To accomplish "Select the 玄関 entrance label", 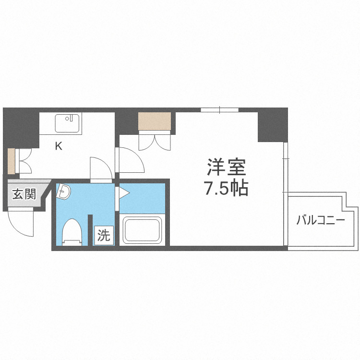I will pyautogui.click(x=24, y=194).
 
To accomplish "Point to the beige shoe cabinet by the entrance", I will pyautogui.click(x=11, y=161).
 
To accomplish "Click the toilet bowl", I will pyautogui.click(x=72, y=231).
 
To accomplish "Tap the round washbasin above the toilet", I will pyautogui.click(x=63, y=192).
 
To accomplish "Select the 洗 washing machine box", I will pyautogui.click(x=104, y=235).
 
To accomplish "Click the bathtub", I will pyautogui.click(x=142, y=230).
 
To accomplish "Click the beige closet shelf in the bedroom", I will pyautogui.click(x=155, y=121).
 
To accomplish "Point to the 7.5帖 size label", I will pyautogui.click(x=226, y=189).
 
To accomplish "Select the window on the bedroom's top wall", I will pyautogui.click(x=220, y=110).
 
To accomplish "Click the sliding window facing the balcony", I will pyautogui.click(x=285, y=166).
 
